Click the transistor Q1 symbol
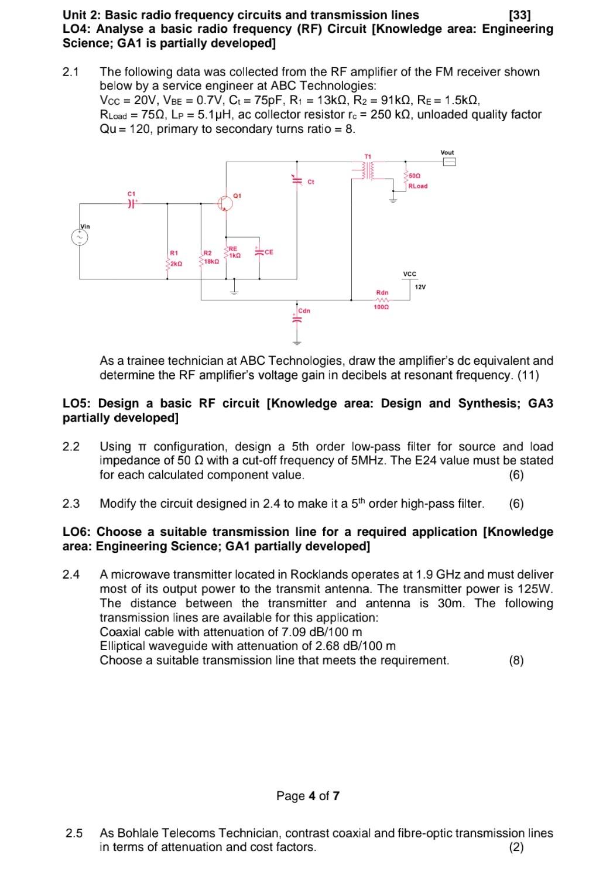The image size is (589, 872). click(x=226, y=203)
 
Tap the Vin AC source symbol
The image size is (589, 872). click(x=80, y=237)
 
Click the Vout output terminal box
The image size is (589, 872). click(x=448, y=162)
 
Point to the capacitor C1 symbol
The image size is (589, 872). click(x=131, y=203)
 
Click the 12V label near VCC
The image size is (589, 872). click(x=420, y=286)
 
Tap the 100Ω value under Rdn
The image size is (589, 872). click(x=382, y=307)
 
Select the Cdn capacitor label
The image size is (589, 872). click(x=304, y=310)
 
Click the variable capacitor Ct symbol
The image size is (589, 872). click(x=296, y=180)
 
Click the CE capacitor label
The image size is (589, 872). click(x=269, y=252)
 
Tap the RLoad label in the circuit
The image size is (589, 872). click(x=417, y=186)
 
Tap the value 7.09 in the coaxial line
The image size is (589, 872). click(x=295, y=632)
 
